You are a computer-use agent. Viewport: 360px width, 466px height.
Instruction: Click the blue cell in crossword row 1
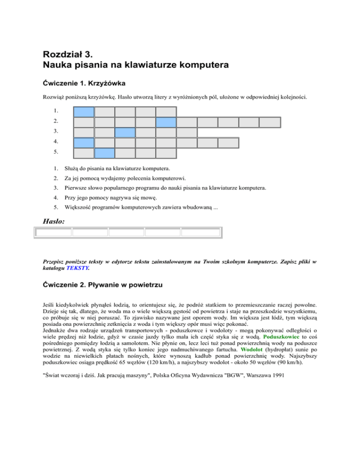point(84,112)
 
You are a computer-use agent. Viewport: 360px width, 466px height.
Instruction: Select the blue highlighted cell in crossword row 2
point(166,122)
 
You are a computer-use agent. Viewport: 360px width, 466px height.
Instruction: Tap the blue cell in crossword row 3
point(125,133)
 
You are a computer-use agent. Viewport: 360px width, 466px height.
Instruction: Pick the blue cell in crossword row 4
point(84,143)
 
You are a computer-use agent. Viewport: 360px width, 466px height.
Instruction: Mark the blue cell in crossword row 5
point(105,153)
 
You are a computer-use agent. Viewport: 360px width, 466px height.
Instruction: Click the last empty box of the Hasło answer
point(201,232)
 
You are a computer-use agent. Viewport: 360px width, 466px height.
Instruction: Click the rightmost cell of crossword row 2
point(270,122)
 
